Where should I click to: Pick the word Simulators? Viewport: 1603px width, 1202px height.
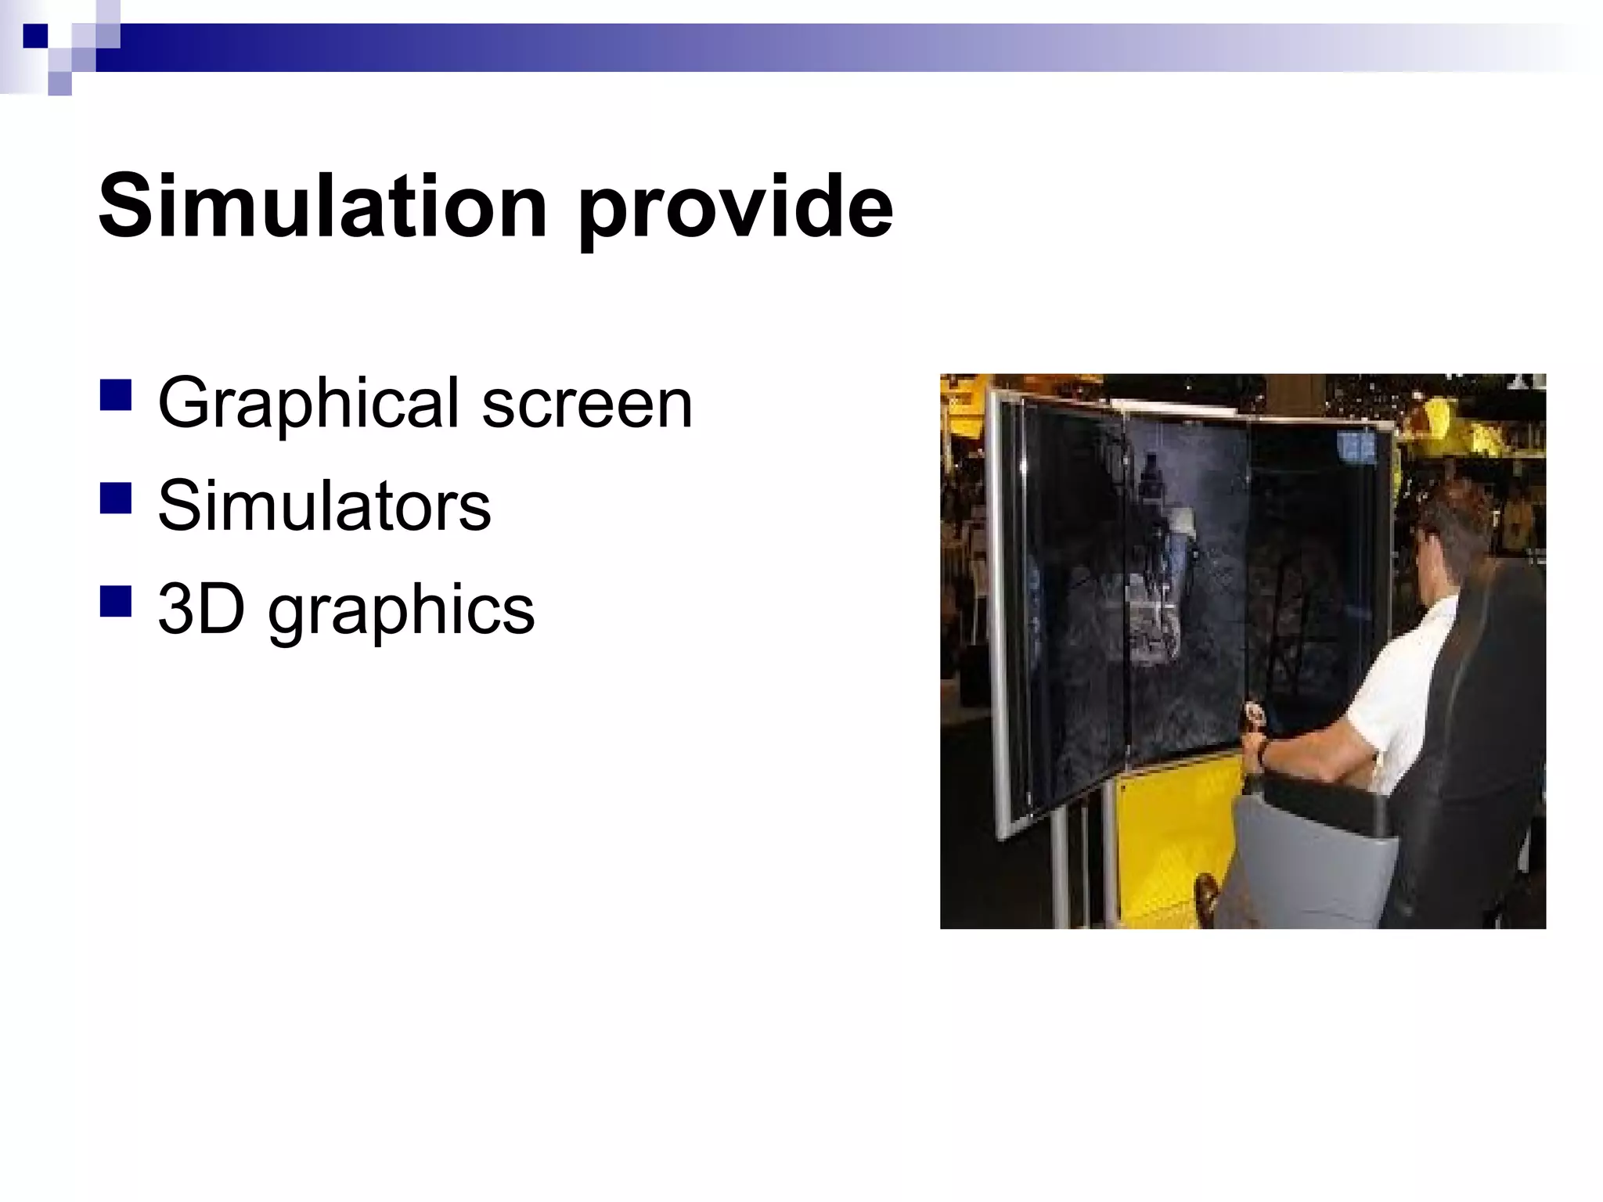click(324, 506)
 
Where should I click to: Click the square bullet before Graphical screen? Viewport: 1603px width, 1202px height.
click(115, 396)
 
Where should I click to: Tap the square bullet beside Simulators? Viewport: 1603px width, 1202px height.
click(115, 498)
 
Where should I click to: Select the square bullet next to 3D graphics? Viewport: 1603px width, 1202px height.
click(115, 602)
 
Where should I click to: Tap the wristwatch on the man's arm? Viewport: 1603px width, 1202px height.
click(1263, 752)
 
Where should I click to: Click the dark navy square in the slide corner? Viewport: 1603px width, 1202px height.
click(35, 36)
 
